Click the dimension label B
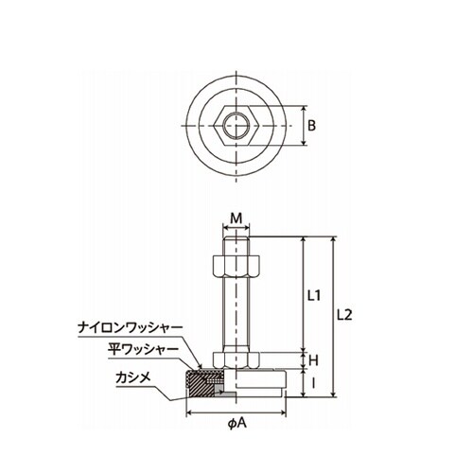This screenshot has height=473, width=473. (311, 126)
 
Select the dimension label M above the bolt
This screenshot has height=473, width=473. (236, 218)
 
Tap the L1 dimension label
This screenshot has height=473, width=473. (314, 295)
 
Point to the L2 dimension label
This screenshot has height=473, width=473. (344, 315)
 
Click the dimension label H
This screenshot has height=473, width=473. (313, 360)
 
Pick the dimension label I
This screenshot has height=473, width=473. (313, 383)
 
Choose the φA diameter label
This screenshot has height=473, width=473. (236, 424)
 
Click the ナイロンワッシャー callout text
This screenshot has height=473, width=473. (131, 328)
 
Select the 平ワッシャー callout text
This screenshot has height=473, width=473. (143, 350)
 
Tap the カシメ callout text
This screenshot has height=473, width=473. (133, 377)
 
